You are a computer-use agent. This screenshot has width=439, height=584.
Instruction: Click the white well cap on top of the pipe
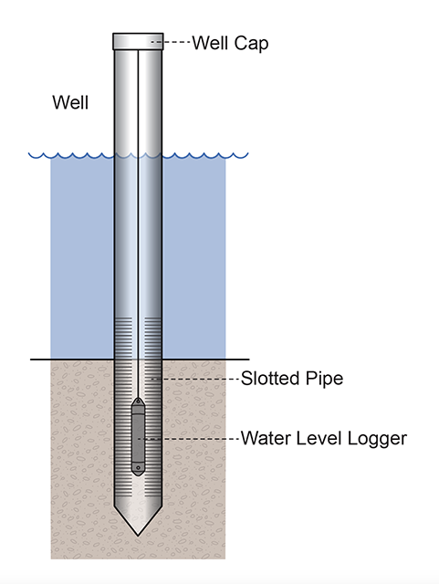[x=138, y=41]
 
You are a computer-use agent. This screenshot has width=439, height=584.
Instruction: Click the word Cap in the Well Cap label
[x=252, y=43]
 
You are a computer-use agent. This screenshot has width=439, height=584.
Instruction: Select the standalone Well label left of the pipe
[x=70, y=102]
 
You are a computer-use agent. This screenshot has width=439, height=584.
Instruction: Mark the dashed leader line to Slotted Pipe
[x=196, y=379]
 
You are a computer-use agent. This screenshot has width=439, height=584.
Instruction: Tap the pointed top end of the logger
[x=138, y=401]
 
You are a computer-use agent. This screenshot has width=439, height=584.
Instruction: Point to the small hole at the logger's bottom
[x=138, y=468]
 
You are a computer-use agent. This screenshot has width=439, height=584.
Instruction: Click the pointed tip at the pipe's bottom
[x=138, y=531]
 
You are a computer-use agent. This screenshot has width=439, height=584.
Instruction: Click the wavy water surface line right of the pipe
[x=205, y=155]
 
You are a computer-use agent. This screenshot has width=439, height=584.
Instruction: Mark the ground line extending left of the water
[x=41, y=359]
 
